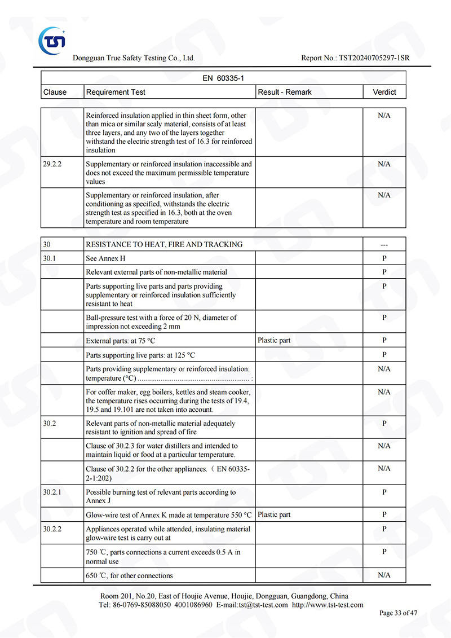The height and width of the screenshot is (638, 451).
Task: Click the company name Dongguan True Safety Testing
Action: [134, 58]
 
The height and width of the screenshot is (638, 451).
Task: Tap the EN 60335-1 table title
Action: [223, 78]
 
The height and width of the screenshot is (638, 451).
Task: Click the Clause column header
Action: [55, 92]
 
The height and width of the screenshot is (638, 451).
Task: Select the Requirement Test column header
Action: [116, 92]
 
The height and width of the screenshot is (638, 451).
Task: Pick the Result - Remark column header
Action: [285, 92]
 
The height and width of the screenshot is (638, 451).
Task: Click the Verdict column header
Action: [384, 92]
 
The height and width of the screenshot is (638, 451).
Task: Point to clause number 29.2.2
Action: [53, 164]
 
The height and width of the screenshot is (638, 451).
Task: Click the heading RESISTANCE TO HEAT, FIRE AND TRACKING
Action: [164, 244]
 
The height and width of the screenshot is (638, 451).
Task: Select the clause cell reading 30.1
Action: [50, 258]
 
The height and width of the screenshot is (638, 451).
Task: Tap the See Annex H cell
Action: [102, 258]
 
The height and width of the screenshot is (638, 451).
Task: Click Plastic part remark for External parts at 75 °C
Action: [274, 340]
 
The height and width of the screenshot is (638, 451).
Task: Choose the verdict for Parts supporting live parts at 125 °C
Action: [384, 355]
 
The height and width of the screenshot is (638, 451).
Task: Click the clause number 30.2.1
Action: [53, 492]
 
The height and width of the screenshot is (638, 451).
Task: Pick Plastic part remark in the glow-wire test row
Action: [274, 514]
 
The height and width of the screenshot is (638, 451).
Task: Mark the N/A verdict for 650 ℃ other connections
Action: [384, 575]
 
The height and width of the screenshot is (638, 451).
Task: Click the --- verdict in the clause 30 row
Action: [384, 244]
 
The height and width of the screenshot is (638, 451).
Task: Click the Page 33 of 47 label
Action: [399, 613]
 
